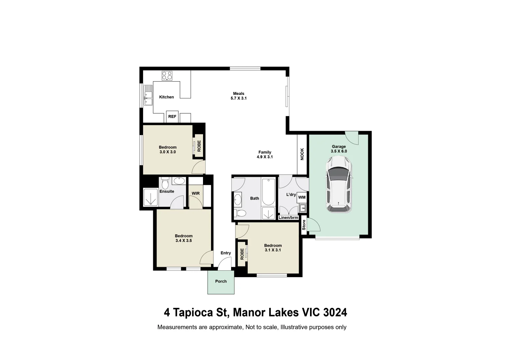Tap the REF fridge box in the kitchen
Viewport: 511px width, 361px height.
pos(172,117)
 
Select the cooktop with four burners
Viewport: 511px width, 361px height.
pos(167,76)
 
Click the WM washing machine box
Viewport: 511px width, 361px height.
pos(302,198)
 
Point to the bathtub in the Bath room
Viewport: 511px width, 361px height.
pos(268,192)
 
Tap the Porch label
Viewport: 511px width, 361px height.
pos(221,281)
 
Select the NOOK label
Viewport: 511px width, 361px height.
pos(302,154)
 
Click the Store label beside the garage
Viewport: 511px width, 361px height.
pos(304,225)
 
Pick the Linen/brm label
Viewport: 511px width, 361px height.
pos(288,218)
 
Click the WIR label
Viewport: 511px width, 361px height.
pos(196,194)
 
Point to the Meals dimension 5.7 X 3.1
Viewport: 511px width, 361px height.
pos(238,99)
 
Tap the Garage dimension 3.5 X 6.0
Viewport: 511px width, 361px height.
pos(339,151)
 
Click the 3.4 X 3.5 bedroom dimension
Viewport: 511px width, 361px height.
pos(184,240)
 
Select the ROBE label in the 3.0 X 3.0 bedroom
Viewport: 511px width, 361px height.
pos(199,146)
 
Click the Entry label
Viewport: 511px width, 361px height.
pos(226,253)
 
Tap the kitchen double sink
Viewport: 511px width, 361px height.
pos(148,95)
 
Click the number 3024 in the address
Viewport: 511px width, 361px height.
pos(335,313)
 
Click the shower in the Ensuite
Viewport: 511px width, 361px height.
pos(150,198)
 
